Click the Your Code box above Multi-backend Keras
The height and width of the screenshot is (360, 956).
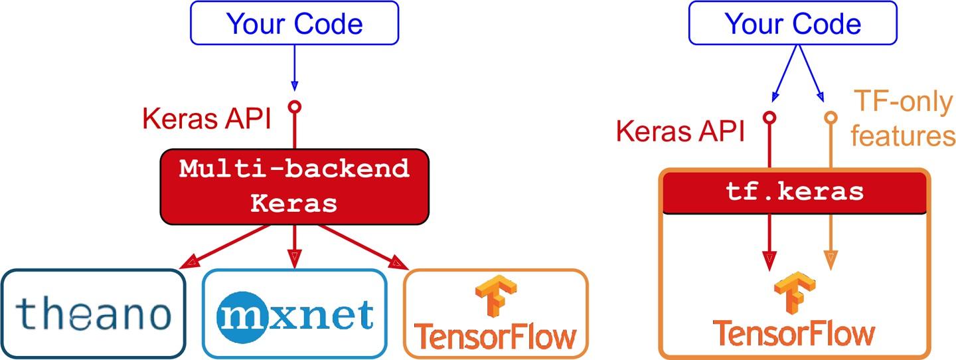pyautogui.click(x=295, y=23)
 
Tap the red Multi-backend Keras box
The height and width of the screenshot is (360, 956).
pyautogui.click(x=294, y=186)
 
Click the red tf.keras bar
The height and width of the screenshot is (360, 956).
pyautogui.click(x=794, y=192)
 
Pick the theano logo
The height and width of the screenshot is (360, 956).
pyautogui.click(x=92, y=314)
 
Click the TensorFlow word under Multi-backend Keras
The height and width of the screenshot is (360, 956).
pyautogui.click(x=495, y=335)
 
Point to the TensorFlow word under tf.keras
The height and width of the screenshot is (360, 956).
pyautogui.click(x=793, y=331)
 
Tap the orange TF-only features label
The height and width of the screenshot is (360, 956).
pyautogui.click(x=903, y=120)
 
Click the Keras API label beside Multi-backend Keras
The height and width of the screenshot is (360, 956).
pyautogui.click(x=206, y=119)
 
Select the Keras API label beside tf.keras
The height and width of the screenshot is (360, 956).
pyautogui.click(x=680, y=131)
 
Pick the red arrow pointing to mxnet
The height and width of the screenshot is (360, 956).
pyautogui.click(x=294, y=246)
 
